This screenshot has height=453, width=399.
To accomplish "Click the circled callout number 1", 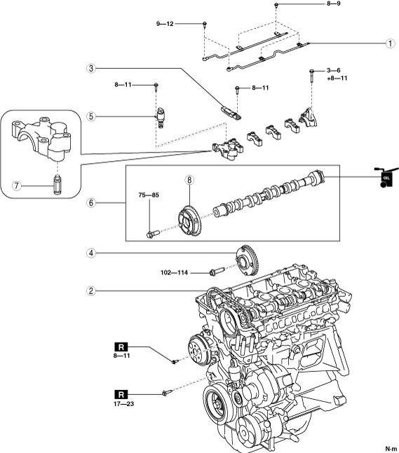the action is [x=391, y=43].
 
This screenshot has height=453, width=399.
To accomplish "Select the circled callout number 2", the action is [x=91, y=291].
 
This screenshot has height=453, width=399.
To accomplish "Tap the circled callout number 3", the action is [x=91, y=69].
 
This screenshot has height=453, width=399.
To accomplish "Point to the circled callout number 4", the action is [x=91, y=253].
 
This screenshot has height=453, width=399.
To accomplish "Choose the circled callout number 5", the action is [x=91, y=116].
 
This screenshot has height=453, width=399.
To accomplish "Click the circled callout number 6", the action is [x=91, y=203].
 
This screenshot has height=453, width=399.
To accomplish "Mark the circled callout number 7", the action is [x=17, y=186].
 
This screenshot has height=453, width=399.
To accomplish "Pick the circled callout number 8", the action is [x=189, y=180].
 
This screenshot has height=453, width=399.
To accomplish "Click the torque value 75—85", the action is [x=149, y=195].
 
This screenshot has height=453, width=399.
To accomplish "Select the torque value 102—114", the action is [x=174, y=272].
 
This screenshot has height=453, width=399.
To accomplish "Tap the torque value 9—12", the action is [x=165, y=24].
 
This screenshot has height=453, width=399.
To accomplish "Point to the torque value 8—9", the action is [x=334, y=4].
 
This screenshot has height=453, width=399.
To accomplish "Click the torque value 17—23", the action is [x=124, y=403].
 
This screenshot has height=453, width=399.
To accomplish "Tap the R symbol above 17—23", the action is [x=121, y=394].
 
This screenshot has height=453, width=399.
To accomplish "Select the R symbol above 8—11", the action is [x=121, y=347].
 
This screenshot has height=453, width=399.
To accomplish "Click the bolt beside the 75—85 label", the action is [x=153, y=233].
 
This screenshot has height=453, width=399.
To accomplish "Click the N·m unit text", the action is [x=391, y=449].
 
